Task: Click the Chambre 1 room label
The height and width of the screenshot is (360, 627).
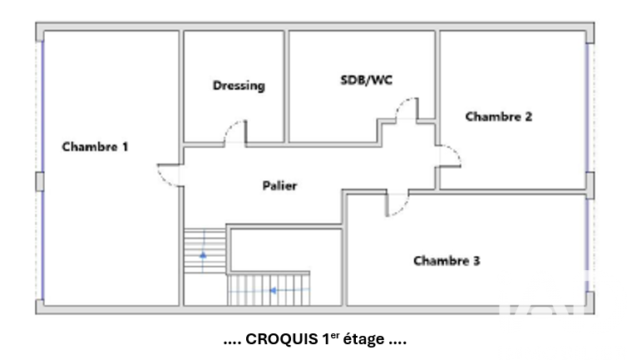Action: [x=95, y=146]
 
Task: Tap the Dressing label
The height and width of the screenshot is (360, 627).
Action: [x=239, y=85]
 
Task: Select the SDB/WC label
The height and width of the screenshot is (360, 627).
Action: [x=367, y=80]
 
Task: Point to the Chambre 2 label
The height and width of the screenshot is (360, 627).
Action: [x=498, y=116]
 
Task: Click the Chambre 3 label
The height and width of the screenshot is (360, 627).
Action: [x=447, y=261]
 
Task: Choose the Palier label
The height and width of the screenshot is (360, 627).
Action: [x=279, y=185]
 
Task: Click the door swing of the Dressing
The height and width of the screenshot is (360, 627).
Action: [x=235, y=132]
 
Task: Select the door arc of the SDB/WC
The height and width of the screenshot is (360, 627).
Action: [x=407, y=108]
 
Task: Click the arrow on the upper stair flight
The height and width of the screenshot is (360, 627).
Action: [x=202, y=254]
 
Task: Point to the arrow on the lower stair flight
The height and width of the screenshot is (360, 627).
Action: [x=274, y=290]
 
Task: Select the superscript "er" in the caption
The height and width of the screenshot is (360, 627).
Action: [x=335, y=335]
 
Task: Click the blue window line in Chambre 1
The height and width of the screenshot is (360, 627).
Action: [x=42, y=108]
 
